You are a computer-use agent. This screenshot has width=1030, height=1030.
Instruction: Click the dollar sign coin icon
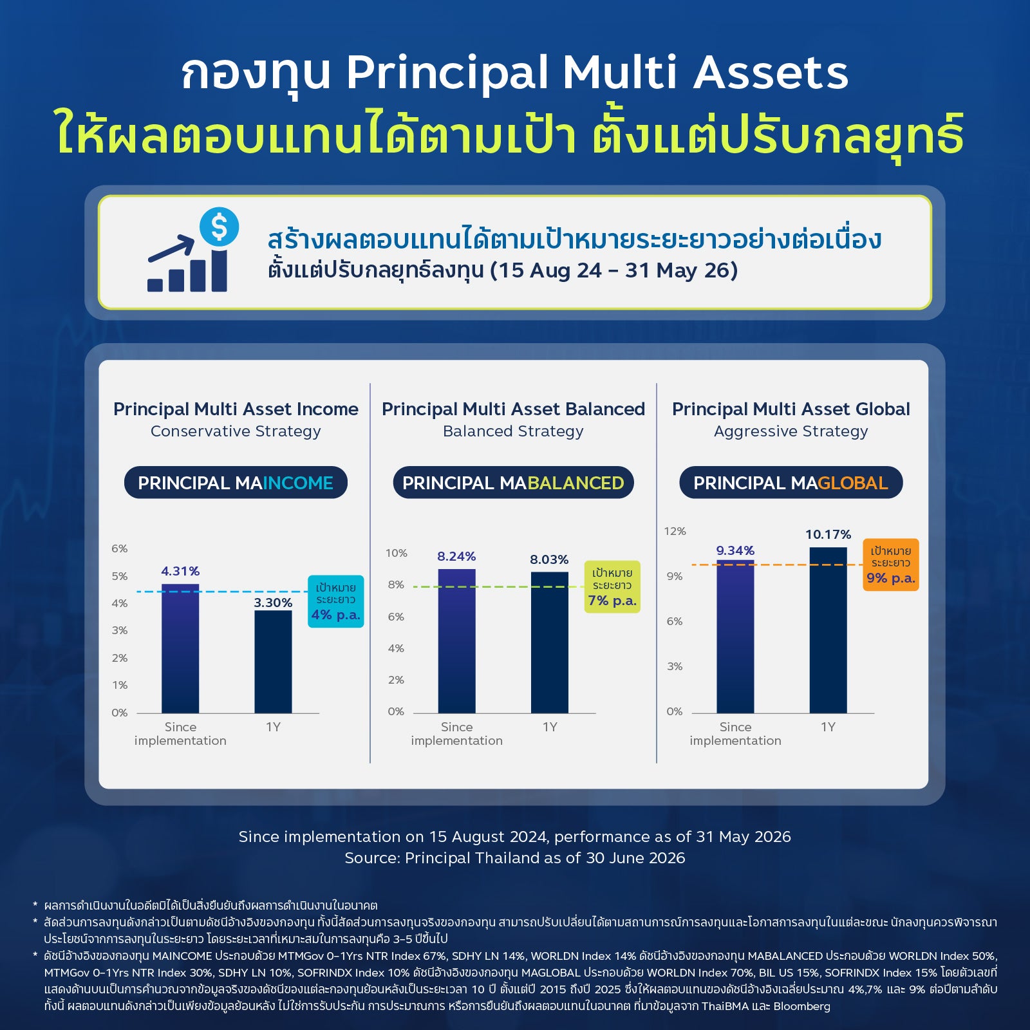click(x=220, y=227)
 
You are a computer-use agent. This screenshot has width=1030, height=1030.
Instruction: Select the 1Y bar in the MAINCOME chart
click(x=273, y=662)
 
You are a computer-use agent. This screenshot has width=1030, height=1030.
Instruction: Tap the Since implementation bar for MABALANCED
click(x=456, y=641)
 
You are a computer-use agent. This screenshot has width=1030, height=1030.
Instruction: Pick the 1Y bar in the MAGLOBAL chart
click(x=828, y=630)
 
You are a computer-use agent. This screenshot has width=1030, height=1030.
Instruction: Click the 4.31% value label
click(x=180, y=571)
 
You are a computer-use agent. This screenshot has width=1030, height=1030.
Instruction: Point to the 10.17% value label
click(x=828, y=534)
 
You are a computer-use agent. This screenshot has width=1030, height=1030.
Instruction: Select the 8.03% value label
click(x=549, y=559)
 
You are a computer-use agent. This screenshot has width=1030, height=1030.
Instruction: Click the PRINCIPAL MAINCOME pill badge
click(x=236, y=483)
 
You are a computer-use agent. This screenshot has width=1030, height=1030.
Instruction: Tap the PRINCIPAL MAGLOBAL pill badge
click(x=791, y=483)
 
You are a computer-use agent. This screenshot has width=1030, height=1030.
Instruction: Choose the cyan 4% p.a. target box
click(x=336, y=601)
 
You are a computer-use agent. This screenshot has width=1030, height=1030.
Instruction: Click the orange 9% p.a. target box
click(x=891, y=565)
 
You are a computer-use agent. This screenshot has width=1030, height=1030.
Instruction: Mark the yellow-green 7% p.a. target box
click(x=612, y=586)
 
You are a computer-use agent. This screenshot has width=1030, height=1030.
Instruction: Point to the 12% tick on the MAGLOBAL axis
click(x=675, y=531)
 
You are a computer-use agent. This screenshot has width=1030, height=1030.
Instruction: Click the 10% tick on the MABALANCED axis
click(x=397, y=553)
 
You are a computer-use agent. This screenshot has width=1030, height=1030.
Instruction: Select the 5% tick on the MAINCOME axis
click(x=120, y=576)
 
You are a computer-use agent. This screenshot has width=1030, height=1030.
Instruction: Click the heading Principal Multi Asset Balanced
click(x=513, y=409)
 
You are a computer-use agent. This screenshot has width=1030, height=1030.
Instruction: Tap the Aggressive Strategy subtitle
click(x=791, y=431)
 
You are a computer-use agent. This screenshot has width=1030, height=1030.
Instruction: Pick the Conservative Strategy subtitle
click(x=236, y=431)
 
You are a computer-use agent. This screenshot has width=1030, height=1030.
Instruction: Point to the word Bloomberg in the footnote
click(x=802, y=1006)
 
